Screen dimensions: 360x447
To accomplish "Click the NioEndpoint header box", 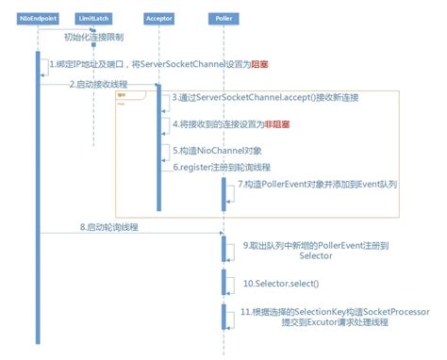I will [38, 18].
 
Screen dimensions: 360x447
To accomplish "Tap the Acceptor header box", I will [159, 18].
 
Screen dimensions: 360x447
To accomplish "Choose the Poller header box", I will [223, 18].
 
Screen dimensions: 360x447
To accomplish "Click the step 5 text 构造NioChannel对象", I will [212, 151].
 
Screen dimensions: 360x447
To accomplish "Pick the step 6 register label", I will [212, 167].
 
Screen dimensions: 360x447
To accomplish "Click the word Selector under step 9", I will [316, 255].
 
